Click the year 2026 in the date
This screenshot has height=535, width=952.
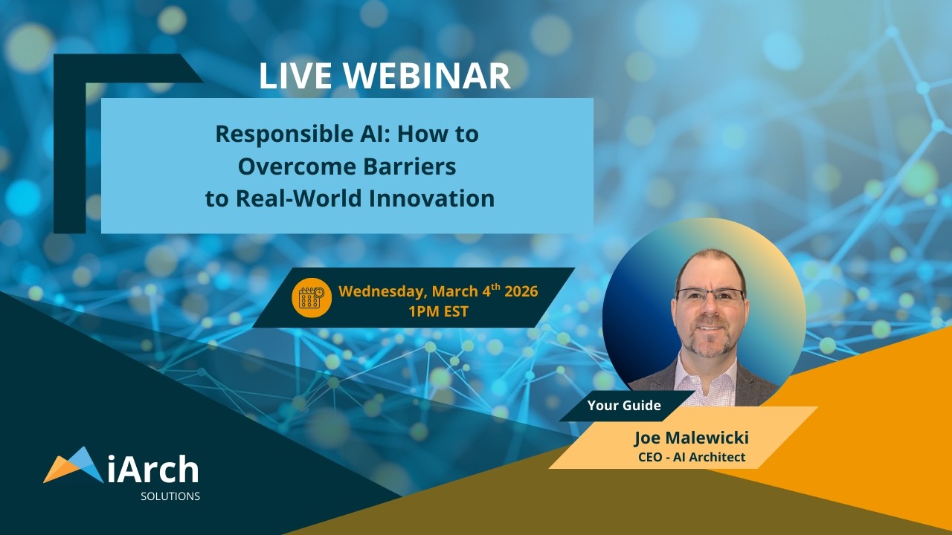(x=521, y=291)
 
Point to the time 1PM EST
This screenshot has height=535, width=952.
(x=438, y=311)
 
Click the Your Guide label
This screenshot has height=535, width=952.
(x=624, y=406)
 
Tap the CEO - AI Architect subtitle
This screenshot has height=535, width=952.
(x=691, y=457)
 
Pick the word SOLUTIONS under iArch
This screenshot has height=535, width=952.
(x=170, y=496)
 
